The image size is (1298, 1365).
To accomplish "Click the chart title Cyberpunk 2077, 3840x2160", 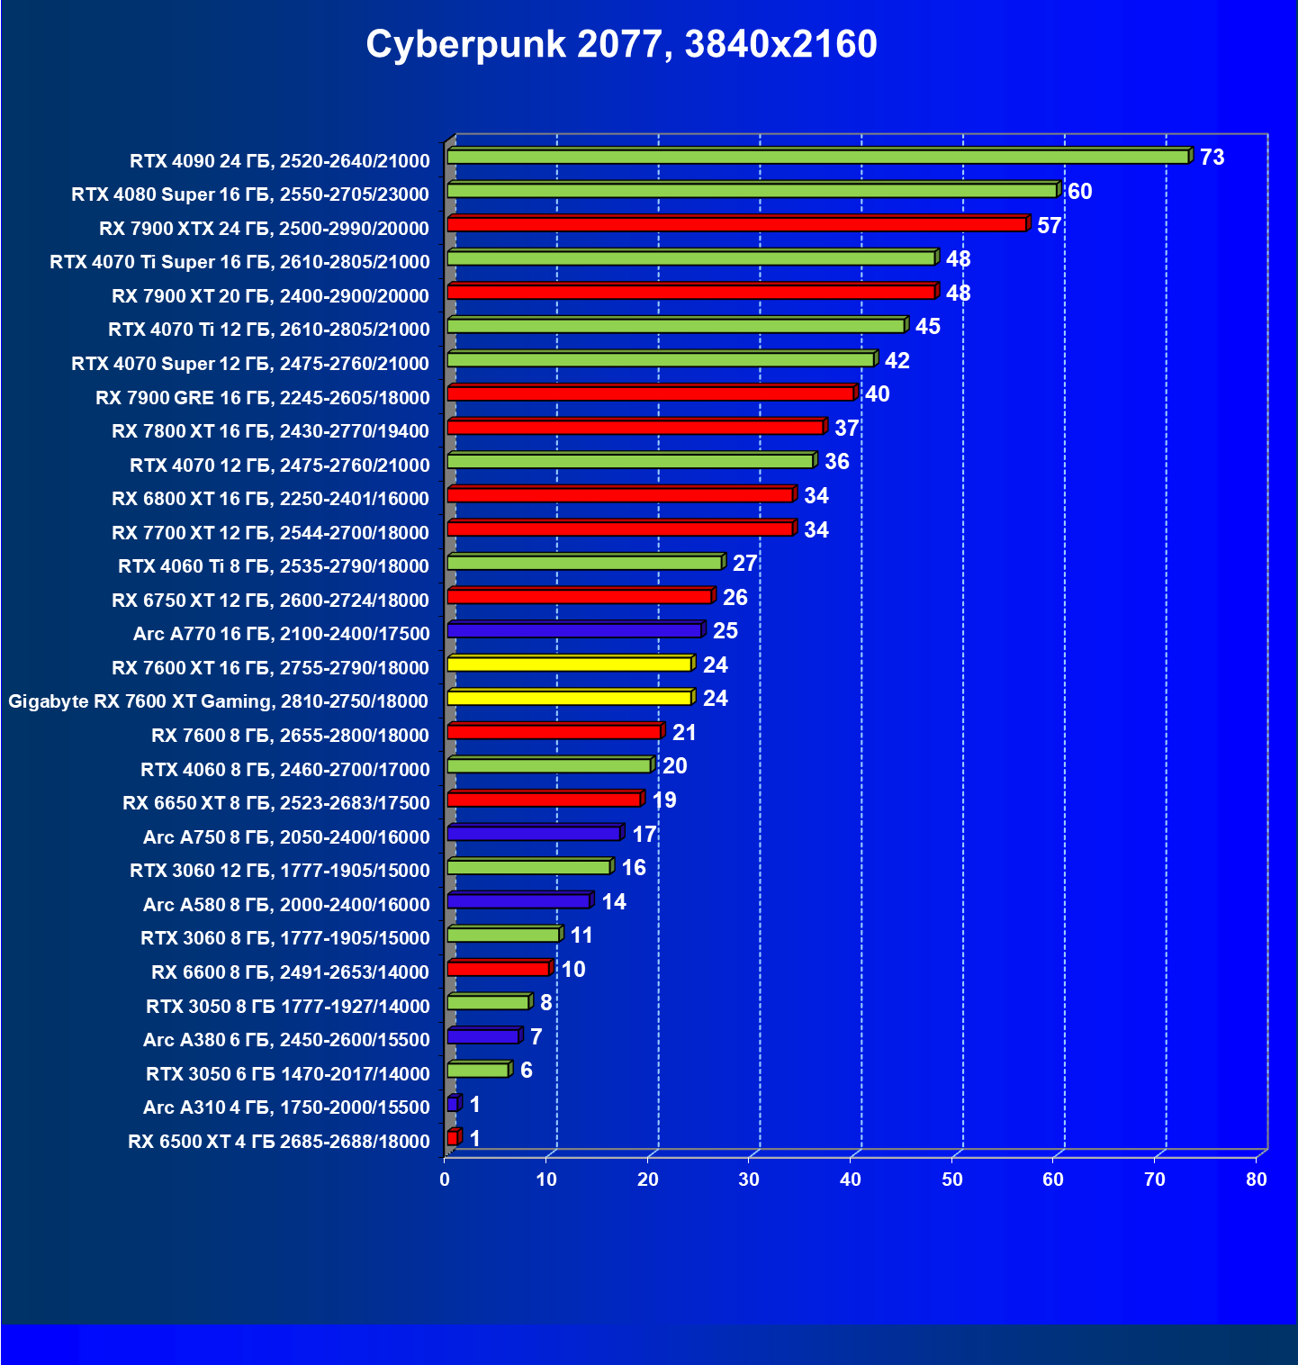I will (621, 44).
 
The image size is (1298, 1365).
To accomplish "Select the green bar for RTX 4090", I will (817, 158).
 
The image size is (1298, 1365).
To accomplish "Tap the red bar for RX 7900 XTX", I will (736, 225).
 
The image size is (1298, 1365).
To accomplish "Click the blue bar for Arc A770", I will (574, 631).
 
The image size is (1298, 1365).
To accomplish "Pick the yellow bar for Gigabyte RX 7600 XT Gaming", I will (569, 699).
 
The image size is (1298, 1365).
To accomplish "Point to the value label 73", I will (1212, 158).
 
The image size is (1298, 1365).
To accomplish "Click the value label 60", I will (1079, 192).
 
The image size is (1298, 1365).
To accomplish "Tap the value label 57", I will (1049, 225).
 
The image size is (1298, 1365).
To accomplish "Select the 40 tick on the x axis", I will (851, 1180).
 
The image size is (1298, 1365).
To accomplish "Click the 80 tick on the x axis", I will (1257, 1180).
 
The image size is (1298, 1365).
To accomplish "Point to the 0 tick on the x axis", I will (445, 1180).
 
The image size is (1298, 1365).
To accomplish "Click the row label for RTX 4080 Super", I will (250, 194).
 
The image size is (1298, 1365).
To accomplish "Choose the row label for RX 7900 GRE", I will (263, 398).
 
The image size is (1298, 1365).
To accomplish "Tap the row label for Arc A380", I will (286, 1040).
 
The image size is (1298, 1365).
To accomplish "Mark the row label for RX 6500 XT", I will (279, 1142).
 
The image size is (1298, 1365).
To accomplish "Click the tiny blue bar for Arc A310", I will (452, 1104).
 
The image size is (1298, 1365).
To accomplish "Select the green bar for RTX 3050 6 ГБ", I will (477, 1071).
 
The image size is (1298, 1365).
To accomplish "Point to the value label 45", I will (927, 327).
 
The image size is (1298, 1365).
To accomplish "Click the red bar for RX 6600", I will (498, 969).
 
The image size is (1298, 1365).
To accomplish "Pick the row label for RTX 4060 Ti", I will (274, 566).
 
